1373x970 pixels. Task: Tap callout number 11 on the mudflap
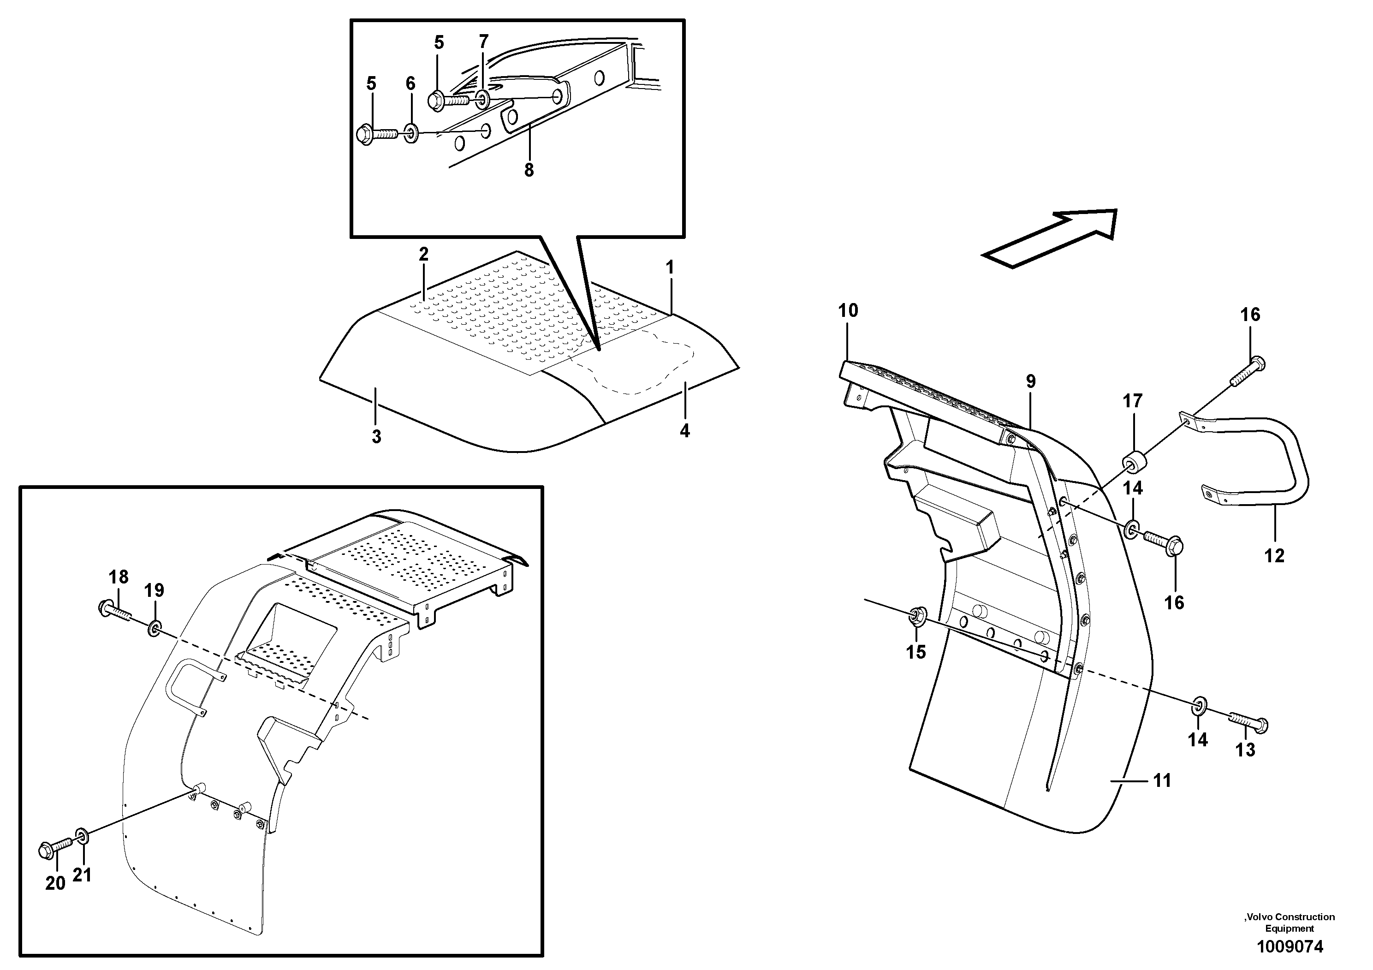[1162, 780]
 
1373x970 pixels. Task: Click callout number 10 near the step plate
[848, 310]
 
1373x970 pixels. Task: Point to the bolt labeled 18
[113, 609]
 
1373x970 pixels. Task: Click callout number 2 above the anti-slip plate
[423, 254]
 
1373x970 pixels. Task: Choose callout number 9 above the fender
[1030, 381]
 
